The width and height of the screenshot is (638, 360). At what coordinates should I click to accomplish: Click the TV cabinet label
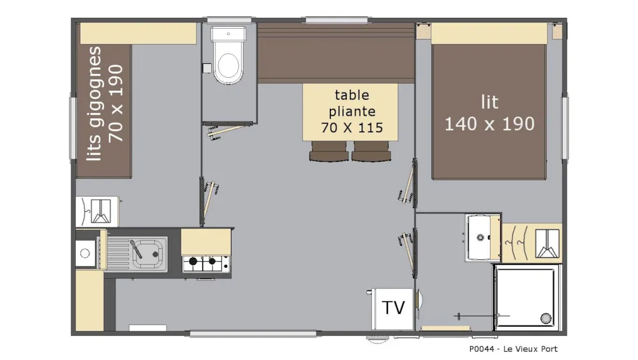[394, 308]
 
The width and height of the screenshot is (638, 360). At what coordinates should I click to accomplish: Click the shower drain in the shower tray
[545, 318]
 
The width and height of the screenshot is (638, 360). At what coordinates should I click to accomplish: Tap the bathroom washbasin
[479, 237]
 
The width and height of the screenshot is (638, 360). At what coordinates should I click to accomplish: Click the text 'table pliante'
[352, 103]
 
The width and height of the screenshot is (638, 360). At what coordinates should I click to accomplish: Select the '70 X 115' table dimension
[352, 128]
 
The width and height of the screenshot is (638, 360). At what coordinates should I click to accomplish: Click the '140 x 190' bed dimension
[489, 124]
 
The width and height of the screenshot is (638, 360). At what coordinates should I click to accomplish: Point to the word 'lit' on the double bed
[489, 102]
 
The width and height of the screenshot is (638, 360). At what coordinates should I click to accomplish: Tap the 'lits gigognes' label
[95, 103]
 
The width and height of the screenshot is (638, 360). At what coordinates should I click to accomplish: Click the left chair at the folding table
[329, 151]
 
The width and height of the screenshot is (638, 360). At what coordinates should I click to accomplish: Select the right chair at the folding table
[371, 151]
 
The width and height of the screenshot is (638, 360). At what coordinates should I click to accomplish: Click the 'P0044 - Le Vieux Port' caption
[513, 349]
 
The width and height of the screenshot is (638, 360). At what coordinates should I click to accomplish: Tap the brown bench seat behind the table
[336, 54]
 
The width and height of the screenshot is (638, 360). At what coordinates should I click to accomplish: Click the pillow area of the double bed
[489, 33]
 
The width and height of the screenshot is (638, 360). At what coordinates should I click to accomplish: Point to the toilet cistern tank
[228, 34]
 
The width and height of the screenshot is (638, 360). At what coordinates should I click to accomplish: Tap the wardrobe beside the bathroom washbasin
[532, 243]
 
